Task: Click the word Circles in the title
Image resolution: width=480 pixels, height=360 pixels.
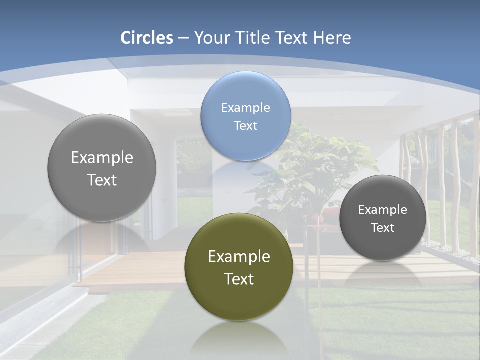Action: click(146, 38)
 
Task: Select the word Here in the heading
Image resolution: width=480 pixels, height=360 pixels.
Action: click(332, 38)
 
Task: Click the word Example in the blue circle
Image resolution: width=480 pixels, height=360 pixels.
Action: click(245, 108)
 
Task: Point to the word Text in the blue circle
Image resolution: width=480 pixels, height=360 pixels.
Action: click(245, 126)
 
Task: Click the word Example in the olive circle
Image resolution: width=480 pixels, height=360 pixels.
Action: click(239, 257)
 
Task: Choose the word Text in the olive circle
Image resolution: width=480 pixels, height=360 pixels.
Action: click(239, 279)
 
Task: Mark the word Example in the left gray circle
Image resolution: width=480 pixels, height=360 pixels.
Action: click(102, 158)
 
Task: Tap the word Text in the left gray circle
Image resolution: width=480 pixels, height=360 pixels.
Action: click(102, 180)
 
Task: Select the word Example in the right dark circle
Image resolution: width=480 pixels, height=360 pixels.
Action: click(382, 210)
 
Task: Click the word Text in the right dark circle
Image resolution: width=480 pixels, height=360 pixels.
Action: click(382, 228)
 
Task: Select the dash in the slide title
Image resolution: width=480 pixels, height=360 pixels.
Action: click(183, 38)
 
